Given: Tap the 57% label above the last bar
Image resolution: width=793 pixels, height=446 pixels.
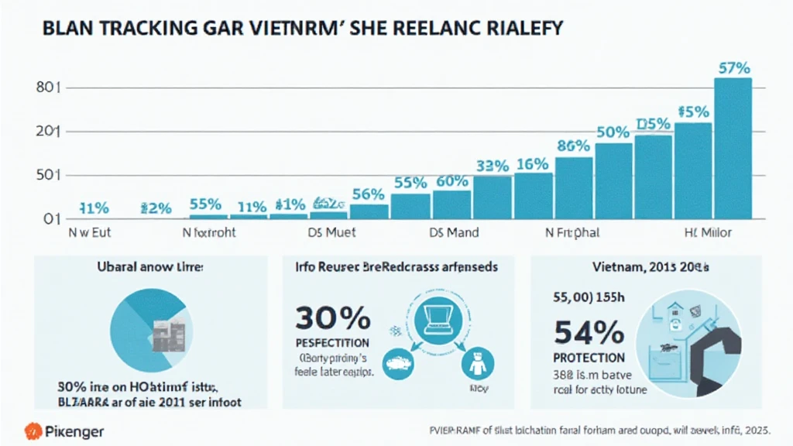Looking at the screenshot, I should tap(733, 67).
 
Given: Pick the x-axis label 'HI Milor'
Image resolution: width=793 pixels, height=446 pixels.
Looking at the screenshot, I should tap(707, 232).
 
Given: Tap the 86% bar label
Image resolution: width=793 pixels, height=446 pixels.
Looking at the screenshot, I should tap(574, 145).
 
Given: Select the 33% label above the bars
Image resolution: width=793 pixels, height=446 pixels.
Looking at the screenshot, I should tap(492, 166).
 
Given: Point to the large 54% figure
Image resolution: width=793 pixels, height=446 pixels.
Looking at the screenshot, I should tap(589, 333).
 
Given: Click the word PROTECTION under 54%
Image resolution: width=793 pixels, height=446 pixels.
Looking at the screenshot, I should tap(589, 358).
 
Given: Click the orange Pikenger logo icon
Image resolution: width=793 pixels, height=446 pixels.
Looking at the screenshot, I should tap(33, 431).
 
